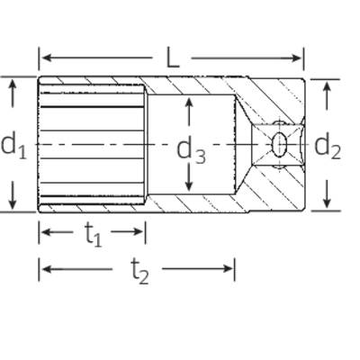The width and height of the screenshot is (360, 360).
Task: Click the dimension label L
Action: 172,58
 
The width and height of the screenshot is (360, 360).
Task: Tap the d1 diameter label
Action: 13,146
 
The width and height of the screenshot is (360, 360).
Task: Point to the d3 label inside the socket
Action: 191,151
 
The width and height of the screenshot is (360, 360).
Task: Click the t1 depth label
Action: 94,235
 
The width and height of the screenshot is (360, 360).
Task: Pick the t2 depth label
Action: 139,272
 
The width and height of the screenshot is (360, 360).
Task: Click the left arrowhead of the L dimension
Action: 47,58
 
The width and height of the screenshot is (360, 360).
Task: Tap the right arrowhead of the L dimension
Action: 296,58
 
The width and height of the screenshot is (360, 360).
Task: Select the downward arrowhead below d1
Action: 13,203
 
